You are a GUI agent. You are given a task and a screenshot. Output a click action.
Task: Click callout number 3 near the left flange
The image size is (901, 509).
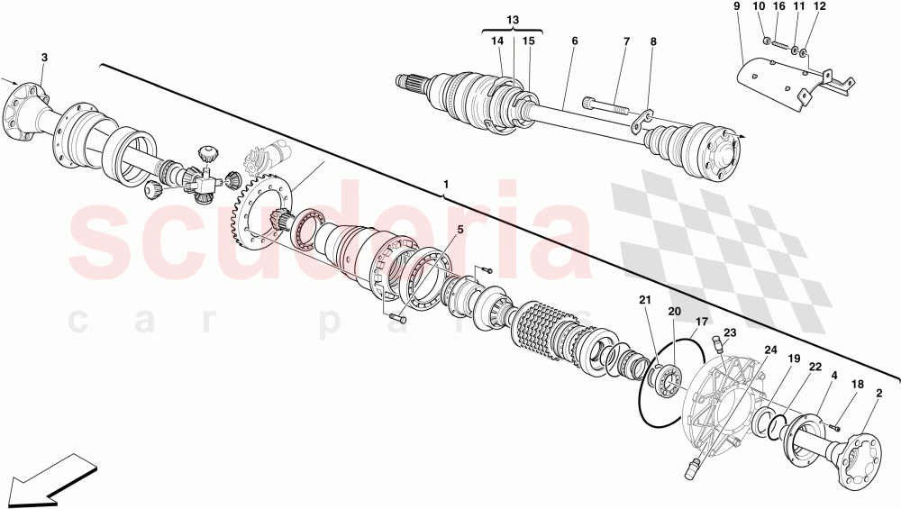tap(44, 59)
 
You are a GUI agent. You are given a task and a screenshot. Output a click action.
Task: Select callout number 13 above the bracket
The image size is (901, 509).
tap(513, 20)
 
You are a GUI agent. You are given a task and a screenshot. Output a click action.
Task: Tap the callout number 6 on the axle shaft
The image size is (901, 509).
tap(574, 41)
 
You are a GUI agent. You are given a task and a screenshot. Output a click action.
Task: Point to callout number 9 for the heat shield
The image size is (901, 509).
tap(736, 6)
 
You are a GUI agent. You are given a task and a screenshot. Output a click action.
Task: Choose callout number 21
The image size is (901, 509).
tap(644, 300)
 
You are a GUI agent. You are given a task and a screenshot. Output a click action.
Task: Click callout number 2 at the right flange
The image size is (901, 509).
tap(878, 393)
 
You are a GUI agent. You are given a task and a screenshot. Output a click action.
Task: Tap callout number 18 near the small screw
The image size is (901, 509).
tap(858, 385)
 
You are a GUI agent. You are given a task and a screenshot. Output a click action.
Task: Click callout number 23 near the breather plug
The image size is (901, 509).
tap(730, 332)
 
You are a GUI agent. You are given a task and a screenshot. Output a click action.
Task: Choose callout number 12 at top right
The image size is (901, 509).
tap(818, 6)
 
